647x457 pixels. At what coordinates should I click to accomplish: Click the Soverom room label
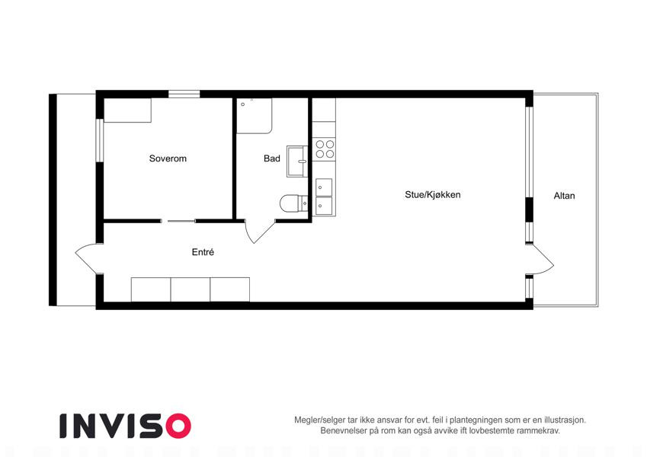(x=168, y=158)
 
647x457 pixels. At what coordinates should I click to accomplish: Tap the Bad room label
(x=272, y=158)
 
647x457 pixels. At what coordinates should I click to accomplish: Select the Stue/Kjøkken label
(x=432, y=195)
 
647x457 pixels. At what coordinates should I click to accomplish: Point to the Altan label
(x=564, y=196)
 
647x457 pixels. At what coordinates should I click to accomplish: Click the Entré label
(x=203, y=252)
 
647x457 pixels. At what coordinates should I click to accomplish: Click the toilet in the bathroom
(x=294, y=203)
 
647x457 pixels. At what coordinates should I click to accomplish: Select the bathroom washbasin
(x=297, y=161)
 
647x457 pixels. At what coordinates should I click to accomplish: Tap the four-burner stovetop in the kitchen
(x=325, y=149)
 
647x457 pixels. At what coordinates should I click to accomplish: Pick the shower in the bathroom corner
(x=255, y=116)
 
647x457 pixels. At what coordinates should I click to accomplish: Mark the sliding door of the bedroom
(x=178, y=222)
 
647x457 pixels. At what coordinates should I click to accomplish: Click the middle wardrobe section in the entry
(x=191, y=289)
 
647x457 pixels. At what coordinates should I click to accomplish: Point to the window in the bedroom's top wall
(x=184, y=94)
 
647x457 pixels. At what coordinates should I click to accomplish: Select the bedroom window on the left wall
(x=99, y=140)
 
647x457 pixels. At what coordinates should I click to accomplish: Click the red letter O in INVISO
(x=178, y=426)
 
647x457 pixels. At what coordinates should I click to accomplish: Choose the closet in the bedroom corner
(x=127, y=110)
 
